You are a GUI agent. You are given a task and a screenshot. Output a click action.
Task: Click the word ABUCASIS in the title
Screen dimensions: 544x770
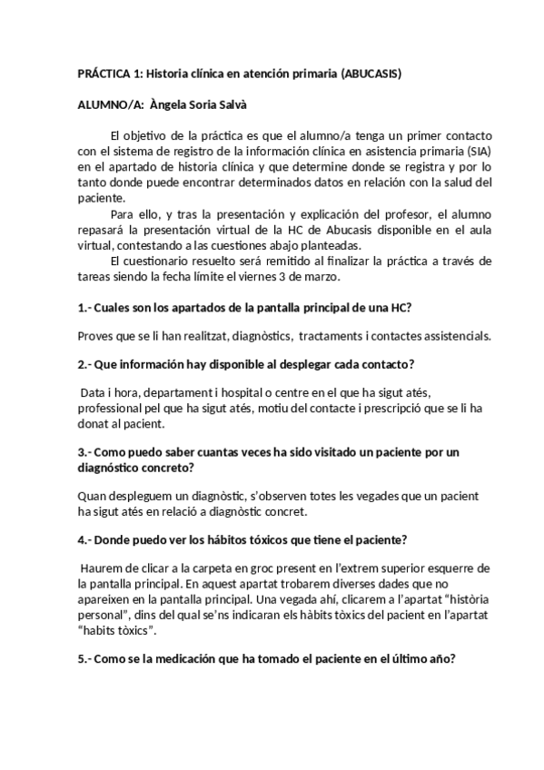369,74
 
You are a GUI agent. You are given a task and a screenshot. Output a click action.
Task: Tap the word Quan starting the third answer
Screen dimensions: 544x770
93,498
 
